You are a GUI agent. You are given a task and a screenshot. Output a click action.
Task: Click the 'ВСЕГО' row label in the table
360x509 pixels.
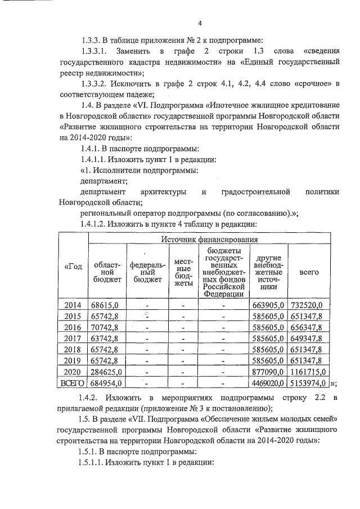[74, 383]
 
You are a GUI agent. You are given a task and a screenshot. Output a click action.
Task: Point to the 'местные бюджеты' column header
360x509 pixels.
[184, 272]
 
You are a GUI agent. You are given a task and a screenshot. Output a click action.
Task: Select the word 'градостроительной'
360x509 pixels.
[254, 192]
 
